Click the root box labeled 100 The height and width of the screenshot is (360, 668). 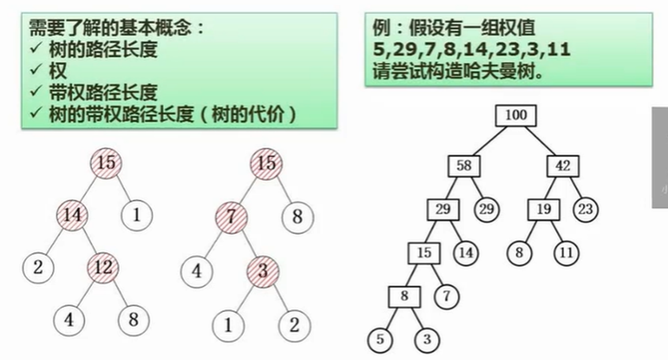[515, 115]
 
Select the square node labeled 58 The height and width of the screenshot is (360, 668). [463, 166]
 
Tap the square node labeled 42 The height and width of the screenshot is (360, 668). [563, 166]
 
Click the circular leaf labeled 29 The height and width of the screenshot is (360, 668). [486, 209]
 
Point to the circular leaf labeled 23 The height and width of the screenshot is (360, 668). [586, 209]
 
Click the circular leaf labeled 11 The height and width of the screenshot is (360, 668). [565, 253]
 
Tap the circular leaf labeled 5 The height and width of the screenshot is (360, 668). [380, 340]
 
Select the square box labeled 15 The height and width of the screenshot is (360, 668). [424, 253]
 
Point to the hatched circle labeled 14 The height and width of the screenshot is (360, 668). [73, 212]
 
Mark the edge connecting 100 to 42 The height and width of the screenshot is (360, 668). [539, 140]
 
